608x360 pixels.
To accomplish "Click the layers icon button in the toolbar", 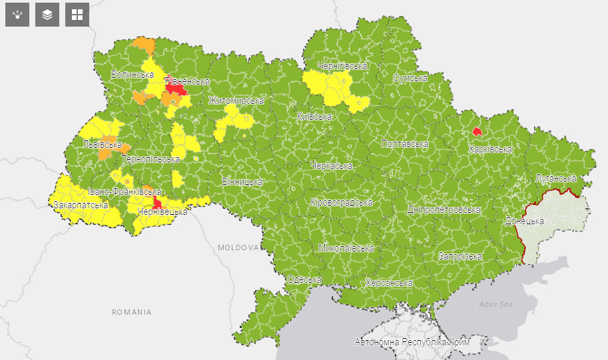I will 47,15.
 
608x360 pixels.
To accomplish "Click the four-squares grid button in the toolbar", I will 77,15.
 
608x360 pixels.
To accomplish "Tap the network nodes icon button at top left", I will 17,15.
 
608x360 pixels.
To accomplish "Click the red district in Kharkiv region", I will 476,131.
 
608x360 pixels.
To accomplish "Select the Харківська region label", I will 490,149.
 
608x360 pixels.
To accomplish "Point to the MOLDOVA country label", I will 238,247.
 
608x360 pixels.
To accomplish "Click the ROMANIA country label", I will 131,311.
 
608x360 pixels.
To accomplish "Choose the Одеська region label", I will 304,279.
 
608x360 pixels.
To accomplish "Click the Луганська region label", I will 556,178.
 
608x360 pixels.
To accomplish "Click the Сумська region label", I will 410,78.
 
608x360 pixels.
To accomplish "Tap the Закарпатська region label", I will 81,205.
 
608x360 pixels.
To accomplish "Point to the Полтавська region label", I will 404,144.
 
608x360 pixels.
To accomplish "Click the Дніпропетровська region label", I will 444,210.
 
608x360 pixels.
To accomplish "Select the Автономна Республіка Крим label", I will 412,342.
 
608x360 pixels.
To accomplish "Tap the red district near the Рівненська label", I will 175,88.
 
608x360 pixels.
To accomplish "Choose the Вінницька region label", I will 242,181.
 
